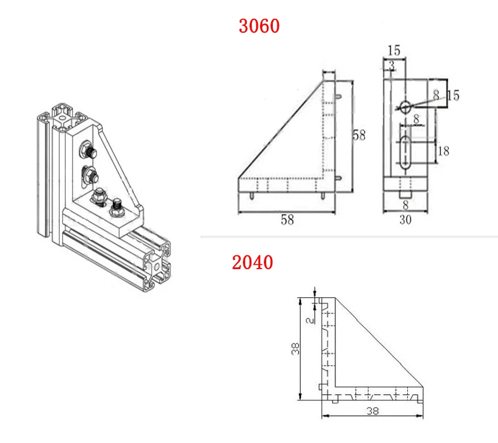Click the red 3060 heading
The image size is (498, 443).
[259, 25]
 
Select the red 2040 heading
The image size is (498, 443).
[252, 262]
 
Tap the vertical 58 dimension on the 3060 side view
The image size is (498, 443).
[359, 135]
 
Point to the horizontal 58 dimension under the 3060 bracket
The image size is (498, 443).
[287, 220]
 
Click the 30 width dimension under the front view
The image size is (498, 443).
[406, 220]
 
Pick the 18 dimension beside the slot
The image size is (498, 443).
[443, 151]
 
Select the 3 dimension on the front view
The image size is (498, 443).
[392, 66]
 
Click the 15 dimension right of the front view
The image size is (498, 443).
[452, 95]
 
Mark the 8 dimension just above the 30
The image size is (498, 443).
[406, 205]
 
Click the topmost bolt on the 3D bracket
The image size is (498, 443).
[89, 149]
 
